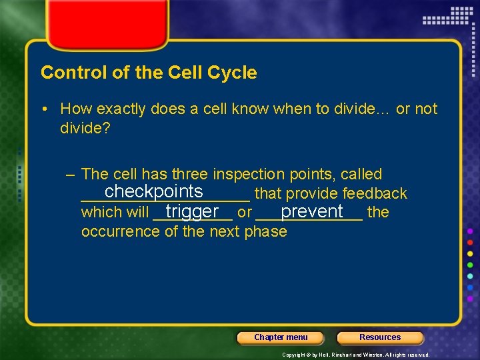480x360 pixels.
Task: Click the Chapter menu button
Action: (x=281, y=337)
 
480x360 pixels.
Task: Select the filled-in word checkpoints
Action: (x=153, y=191)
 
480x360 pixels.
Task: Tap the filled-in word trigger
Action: (x=192, y=211)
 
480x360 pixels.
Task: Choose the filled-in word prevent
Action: (x=311, y=211)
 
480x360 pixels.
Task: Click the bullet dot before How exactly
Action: (x=51, y=109)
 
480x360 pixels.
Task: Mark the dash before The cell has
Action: (x=71, y=175)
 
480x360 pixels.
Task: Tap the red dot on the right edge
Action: (x=471, y=242)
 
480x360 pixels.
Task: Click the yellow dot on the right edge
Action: (x=471, y=254)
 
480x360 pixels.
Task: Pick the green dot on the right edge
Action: (x=471, y=265)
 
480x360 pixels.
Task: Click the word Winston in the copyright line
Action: (x=375, y=355)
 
